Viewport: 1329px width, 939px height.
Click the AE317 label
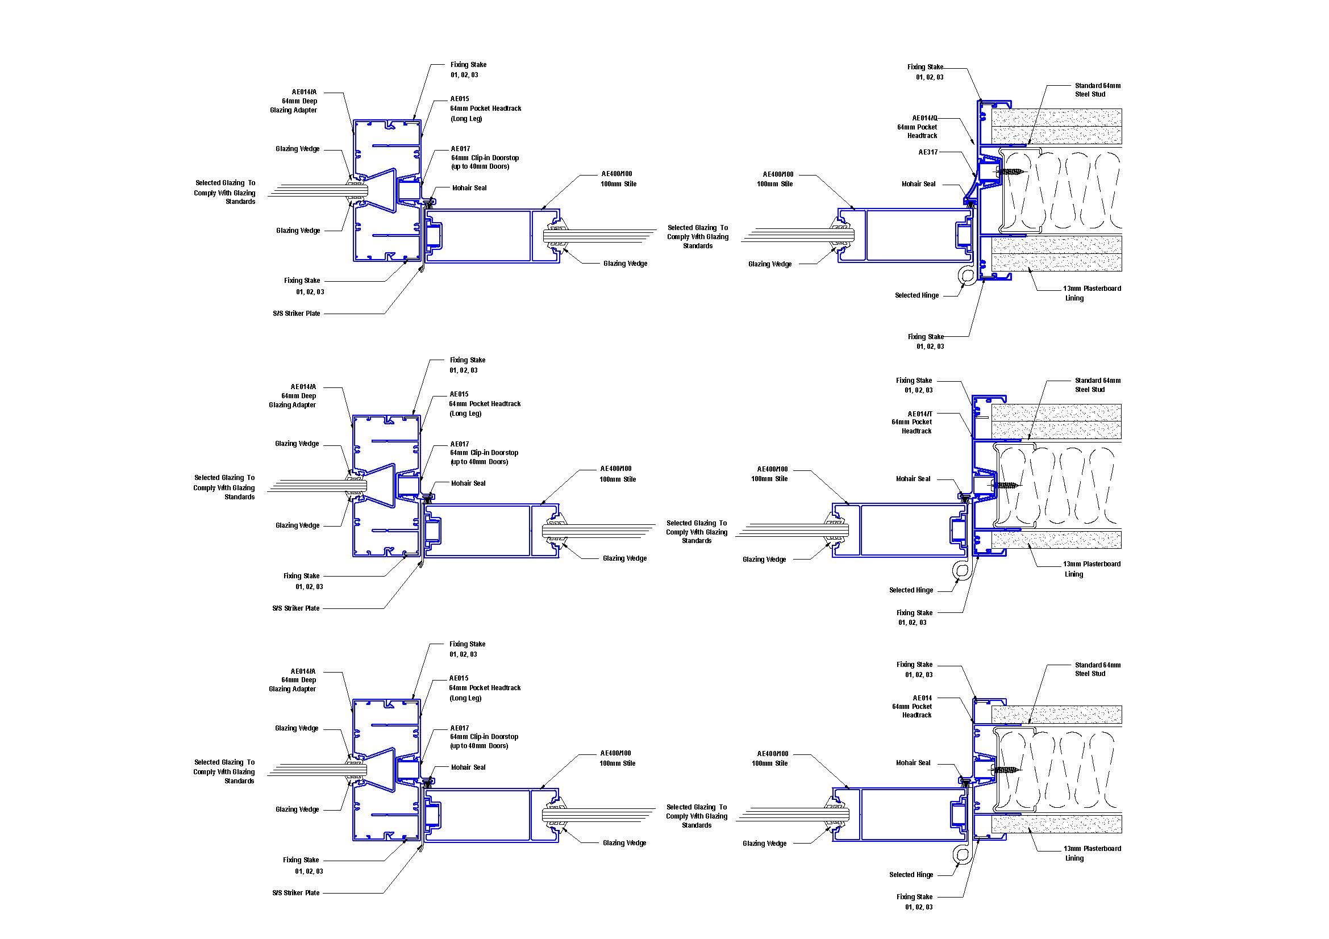[928, 153]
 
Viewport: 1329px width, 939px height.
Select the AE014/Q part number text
[924, 118]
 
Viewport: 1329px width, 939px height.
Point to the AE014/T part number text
[919, 414]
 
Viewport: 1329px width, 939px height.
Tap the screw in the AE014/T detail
[1007, 485]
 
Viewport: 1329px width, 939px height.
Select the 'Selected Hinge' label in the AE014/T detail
[911, 590]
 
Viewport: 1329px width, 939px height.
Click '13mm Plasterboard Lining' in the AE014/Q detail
[1091, 293]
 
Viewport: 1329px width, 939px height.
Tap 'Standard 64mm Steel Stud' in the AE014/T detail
[1098, 385]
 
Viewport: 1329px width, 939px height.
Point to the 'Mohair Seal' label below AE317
[918, 184]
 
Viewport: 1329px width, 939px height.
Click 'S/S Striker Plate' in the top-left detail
[297, 314]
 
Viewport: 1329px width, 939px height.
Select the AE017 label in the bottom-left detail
[460, 728]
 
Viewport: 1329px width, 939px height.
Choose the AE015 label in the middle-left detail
[459, 394]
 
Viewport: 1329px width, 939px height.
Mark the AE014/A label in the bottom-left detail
[303, 671]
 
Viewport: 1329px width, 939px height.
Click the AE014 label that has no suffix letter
[922, 698]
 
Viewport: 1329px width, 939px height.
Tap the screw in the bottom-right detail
[1007, 770]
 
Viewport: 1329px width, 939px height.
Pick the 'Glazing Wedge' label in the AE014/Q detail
[769, 264]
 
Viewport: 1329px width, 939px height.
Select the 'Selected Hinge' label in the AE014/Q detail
[917, 295]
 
